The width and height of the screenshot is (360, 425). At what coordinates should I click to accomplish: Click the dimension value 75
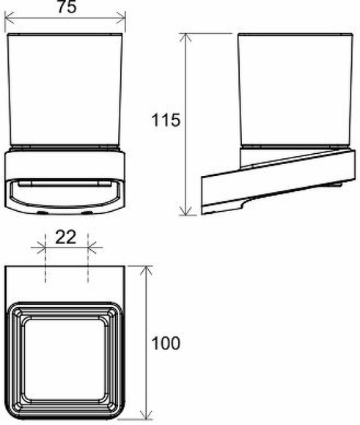pos(65,7)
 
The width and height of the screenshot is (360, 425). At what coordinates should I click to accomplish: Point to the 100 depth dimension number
pos(166,342)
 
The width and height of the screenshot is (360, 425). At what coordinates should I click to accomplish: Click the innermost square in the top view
pos(66,352)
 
